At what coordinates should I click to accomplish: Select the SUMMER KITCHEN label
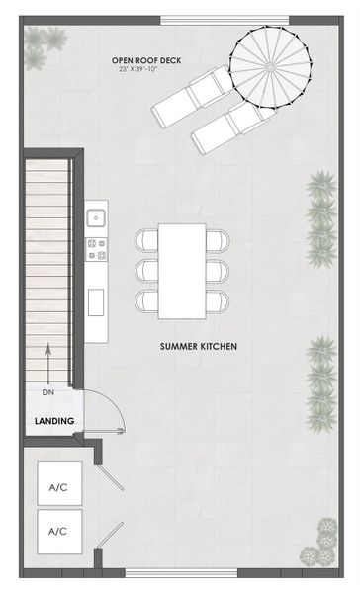point(199,347)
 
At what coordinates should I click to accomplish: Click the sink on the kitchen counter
point(97,218)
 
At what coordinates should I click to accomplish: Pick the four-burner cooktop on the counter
point(97,248)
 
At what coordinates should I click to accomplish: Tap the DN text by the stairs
point(47,392)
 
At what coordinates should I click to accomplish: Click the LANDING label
point(53,421)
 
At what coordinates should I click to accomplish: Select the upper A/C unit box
point(57,487)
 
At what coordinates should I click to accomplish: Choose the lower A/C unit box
point(57,531)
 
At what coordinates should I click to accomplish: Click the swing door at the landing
point(102,410)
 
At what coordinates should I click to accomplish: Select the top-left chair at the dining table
point(146,240)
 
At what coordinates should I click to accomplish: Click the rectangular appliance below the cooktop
point(97,301)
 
